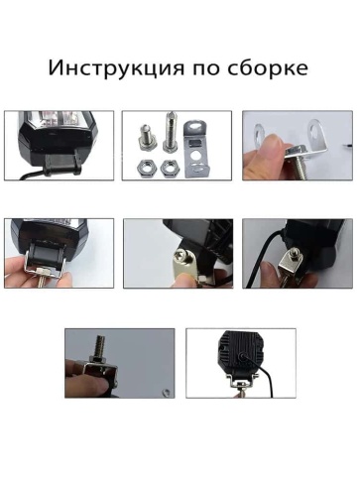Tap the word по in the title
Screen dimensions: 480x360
pos(204,69)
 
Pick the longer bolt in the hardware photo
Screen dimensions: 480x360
pos(173,135)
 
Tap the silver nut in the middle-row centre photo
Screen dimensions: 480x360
pos(180,263)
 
